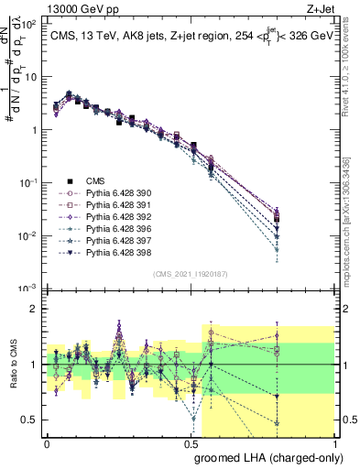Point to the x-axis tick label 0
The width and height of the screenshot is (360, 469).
47,442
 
